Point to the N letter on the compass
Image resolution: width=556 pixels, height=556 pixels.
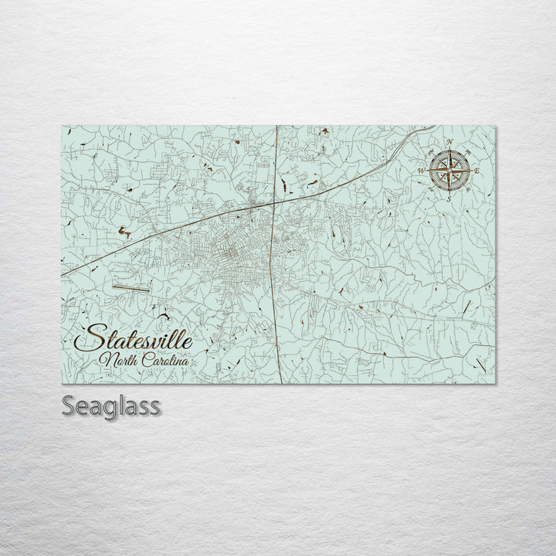[x=449, y=141]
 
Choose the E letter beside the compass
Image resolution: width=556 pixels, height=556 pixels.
[x=478, y=169]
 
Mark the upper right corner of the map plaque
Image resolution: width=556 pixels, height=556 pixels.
[x=493, y=126]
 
